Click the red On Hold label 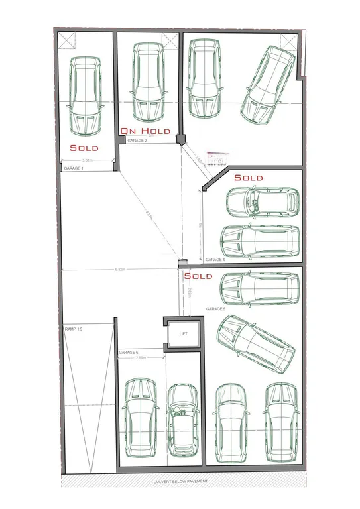click(x=146, y=131)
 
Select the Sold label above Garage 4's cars click(x=248, y=178)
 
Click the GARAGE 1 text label click(x=74, y=169)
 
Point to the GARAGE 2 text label click(x=137, y=141)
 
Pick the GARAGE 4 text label click(x=215, y=260)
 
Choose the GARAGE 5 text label click(x=216, y=309)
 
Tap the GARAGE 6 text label click(x=128, y=352)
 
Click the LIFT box click(x=182, y=333)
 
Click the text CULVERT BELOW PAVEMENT click(x=180, y=481)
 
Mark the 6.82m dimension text click(x=120, y=270)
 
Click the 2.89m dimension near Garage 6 click(x=141, y=358)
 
